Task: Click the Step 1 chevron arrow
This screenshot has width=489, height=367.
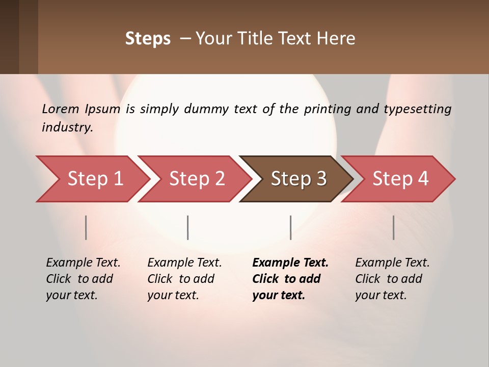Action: click(94, 179)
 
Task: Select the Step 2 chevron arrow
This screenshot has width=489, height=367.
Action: click(197, 179)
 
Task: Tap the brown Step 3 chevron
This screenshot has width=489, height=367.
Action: click(298, 179)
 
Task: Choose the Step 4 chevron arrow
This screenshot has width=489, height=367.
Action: click(400, 179)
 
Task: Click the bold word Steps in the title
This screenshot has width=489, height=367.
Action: click(148, 38)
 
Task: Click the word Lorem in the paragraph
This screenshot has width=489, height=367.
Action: click(61, 109)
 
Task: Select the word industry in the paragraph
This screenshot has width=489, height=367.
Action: click(67, 127)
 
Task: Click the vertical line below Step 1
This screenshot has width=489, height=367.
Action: click(86, 227)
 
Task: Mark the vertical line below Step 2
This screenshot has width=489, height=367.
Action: click(188, 227)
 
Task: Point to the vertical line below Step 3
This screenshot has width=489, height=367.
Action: click(291, 227)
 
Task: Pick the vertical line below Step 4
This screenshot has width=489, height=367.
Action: click(394, 227)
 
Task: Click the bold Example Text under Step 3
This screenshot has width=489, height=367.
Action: click(290, 263)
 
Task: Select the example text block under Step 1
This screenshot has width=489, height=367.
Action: click(83, 279)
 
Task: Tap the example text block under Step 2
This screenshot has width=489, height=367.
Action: click(184, 279)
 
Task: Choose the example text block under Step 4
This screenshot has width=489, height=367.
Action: click(392, 279)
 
